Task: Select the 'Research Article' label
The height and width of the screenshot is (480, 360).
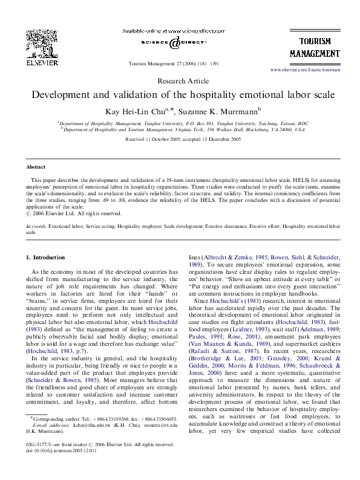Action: [x=180, y=80]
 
